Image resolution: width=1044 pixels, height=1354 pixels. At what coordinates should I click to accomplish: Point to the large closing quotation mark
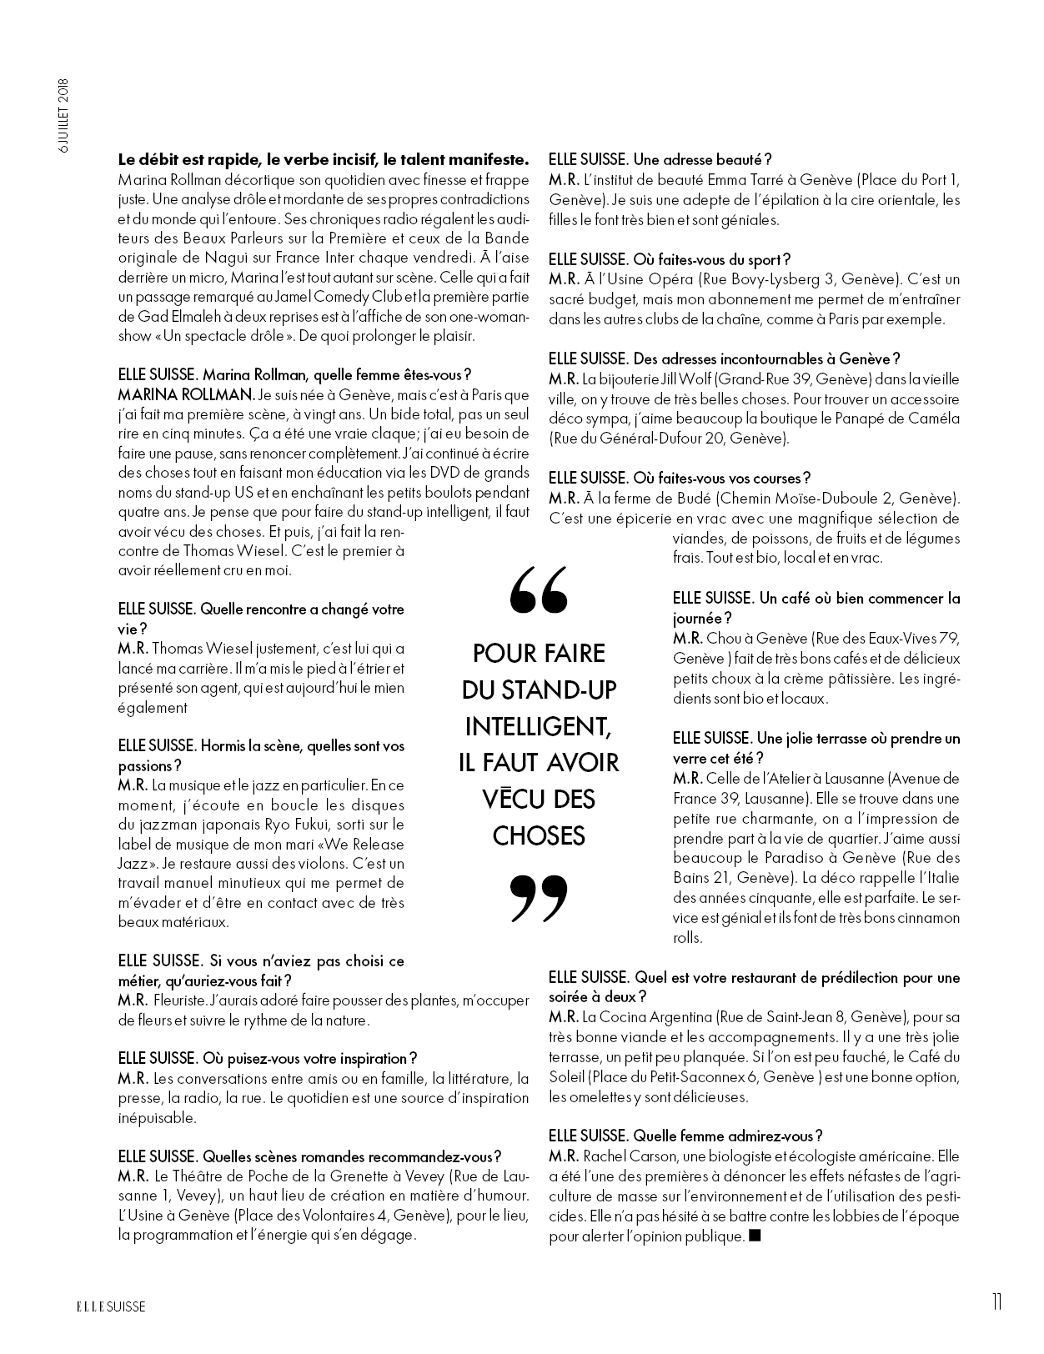tap(539, 899)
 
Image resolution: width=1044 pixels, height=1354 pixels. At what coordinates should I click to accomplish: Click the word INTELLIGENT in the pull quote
tap(538, 725)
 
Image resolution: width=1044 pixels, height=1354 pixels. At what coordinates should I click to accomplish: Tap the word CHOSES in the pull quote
tap(538, 835)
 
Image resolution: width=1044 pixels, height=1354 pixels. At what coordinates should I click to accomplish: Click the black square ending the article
tap(755, 1236)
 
